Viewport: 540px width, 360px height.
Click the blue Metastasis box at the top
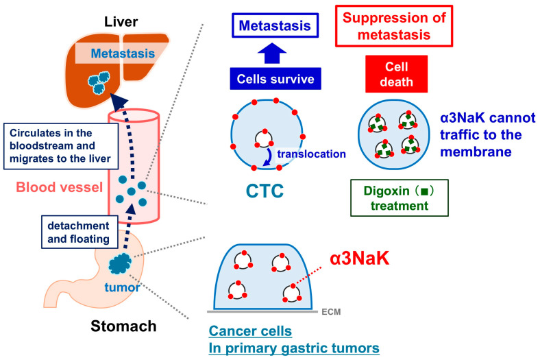[275, 25]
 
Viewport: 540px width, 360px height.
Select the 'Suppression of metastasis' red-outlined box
[394, 26]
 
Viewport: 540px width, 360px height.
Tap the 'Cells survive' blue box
[275, 79]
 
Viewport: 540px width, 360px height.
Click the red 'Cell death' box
[396, 74]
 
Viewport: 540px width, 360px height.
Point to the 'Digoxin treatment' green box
[400, 198]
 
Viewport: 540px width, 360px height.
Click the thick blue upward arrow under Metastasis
[272, 53]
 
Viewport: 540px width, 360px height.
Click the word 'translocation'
[311, 154]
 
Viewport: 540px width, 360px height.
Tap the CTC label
[265, 191]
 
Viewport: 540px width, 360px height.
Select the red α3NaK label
[360, 258]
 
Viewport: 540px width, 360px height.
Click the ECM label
[331, 312]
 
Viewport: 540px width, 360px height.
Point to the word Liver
[121, 22]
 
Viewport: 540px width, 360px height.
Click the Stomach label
[123, 326]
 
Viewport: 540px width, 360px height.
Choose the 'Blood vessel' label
[60, 187]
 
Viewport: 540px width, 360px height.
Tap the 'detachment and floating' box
[79, 232]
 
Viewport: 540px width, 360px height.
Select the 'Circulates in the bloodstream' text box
[61, 146]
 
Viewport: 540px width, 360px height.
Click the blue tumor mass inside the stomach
[120, 263]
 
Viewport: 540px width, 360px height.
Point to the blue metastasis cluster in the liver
[99, 83]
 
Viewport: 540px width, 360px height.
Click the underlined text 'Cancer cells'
[250, 331]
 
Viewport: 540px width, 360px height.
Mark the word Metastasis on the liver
[123, 53]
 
